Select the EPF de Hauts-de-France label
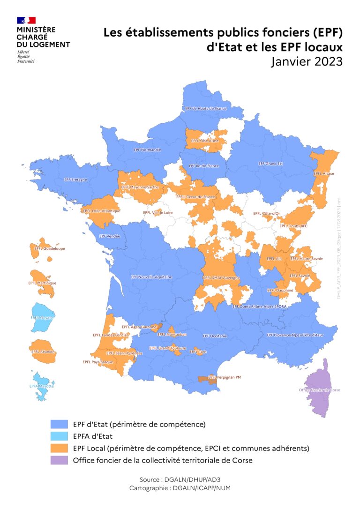[206, 109]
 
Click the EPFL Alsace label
[324, 173]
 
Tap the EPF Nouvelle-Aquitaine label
[151, 277]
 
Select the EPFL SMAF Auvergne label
[221, 278]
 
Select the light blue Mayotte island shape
[41, 386]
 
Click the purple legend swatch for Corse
[59, 460]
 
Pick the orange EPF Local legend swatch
[59, 448]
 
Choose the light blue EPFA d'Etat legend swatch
[59, 436]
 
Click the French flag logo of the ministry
[26, 20]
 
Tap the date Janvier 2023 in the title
[306, 61]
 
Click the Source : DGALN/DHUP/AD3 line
[180, 479]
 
